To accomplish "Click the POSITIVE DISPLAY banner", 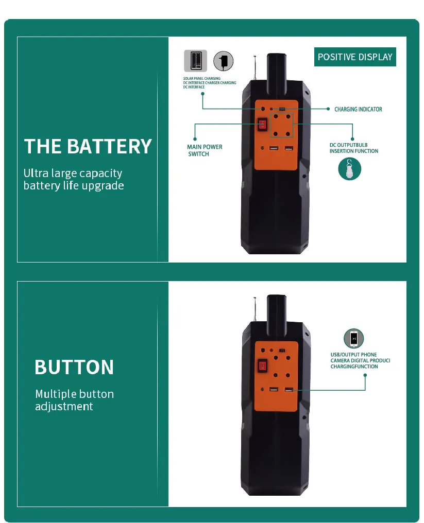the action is tap(355, 57).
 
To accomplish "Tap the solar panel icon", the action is tap(195, 61).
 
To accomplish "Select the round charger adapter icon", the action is tap(224, 61).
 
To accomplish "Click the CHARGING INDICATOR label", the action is tap(358, 109).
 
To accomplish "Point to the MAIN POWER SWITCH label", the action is tap(205, 150).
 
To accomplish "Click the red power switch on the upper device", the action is tap(262, 125).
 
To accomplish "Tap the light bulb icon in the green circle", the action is tap(349, 169).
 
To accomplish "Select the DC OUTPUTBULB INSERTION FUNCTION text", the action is tap(353, 148).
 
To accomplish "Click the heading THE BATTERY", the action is tap(88, 146).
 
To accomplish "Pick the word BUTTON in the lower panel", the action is tap(74, 367).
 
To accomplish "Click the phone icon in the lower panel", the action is tap(353, 339).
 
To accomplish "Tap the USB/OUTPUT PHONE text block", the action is tap(360, 360).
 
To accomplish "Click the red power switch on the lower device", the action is tap(262, 365).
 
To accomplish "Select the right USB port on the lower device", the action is tap(289, 389).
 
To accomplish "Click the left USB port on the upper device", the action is tap(274, 148).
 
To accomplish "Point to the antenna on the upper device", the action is tap(255, 68).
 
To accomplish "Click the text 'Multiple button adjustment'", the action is tap(75, 400).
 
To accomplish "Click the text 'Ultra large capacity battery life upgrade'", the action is tap(74, 179).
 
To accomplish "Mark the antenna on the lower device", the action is tap(255, 309).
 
